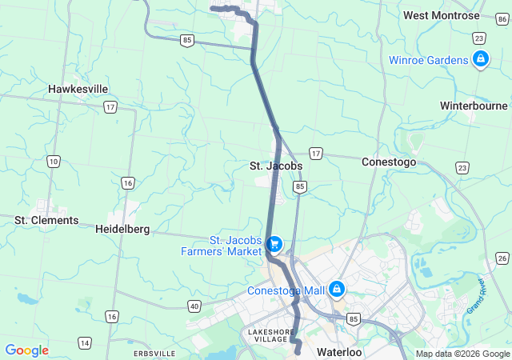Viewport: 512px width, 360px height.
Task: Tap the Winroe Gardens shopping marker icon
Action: point(481,59)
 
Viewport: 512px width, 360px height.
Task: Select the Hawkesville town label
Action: point(78,89)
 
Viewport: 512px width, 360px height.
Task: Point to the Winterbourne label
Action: point(474,106)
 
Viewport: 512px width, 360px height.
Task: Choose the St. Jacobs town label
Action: point(275,166)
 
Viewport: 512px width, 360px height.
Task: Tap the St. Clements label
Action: point(46,220)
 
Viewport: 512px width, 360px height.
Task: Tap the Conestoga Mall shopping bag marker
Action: point(338,289)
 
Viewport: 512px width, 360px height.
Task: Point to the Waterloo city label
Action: point(339,352)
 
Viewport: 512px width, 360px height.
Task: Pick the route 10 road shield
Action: point(53,161)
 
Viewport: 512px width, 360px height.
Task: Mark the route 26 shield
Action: point(502,258)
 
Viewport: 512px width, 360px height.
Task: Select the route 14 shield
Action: point(84,342)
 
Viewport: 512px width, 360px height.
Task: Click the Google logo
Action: point(26,350)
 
